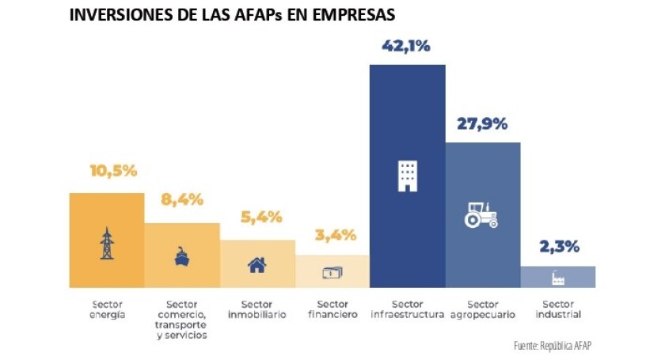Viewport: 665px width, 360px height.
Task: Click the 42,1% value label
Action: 407,47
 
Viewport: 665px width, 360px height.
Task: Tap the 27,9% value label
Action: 482,124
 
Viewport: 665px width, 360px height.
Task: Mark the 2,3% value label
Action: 558,247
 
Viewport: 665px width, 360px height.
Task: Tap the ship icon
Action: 181,257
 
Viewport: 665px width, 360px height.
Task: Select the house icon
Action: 257,265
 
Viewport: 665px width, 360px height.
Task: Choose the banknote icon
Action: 332,273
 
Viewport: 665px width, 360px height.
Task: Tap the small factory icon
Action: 557,278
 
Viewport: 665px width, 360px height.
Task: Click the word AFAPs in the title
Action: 239,15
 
